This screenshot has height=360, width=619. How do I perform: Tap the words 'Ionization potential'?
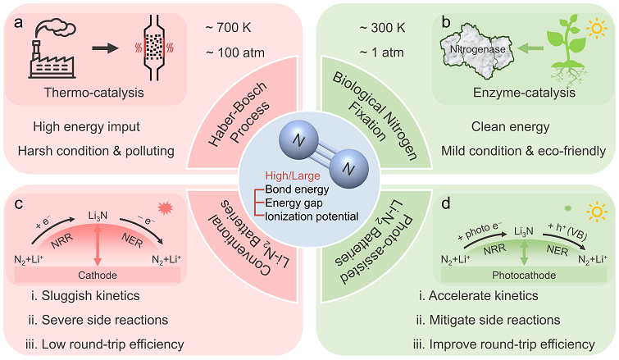click(311, 216)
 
